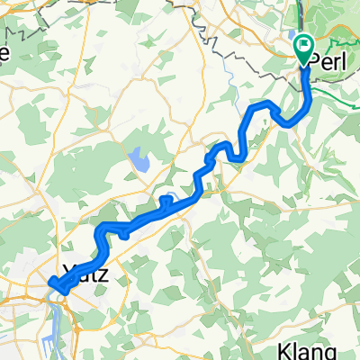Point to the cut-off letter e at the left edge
4,54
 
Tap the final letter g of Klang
332,352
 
